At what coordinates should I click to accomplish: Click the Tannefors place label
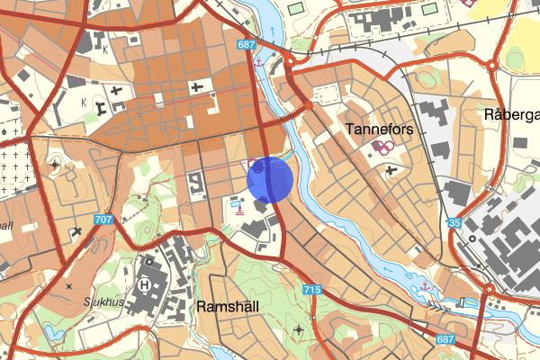tap(379, 130)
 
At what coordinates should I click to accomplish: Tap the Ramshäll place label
tap(228, 306)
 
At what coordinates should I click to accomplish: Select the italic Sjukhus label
tap(104, 302)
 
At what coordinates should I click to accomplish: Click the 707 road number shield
tap(103, 220)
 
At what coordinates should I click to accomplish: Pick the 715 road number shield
tap(312, 290)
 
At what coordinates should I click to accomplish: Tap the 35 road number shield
tap(454, 223)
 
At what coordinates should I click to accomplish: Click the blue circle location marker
tap(270, 179)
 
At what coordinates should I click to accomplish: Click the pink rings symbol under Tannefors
tap(382, 148)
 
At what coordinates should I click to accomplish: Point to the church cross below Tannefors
tap(389, 168)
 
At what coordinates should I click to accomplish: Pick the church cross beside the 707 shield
tap(77, 231)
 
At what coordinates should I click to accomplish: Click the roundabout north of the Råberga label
tap(492, 64)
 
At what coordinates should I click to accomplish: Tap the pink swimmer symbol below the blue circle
tap(238, 211)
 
